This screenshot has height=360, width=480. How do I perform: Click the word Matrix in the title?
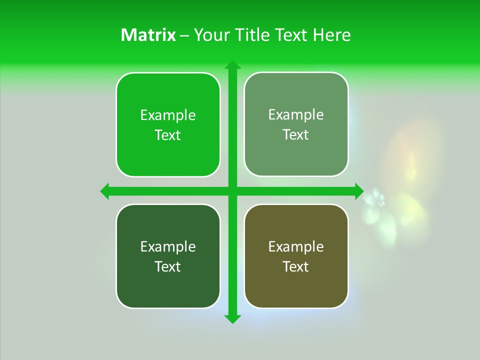(x=148, y=35)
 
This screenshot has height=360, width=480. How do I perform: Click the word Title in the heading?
(x=252, y=35)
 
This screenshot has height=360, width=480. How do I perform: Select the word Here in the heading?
(x=331, y=35)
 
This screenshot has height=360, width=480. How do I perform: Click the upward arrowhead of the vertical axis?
(x=232, y=65)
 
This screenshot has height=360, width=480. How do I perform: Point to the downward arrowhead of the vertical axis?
(x=232, y=318)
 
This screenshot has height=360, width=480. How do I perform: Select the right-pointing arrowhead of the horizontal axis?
(x=358, y=191)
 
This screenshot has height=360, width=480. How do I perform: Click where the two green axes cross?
(x=232, y=191)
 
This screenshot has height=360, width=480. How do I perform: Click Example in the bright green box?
(x=168, y=115)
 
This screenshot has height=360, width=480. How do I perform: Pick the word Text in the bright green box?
(x=168, y=135)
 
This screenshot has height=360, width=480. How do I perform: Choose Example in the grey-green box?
(x=296, y=115)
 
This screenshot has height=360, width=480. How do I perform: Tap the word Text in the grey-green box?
(x=296, y=134)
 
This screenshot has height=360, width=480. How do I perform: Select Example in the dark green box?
(x=168, y=247)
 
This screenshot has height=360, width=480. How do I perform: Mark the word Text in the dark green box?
(x=168, y=266)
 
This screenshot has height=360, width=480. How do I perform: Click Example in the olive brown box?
(x=296, y=247)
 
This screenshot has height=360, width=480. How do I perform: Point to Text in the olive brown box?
(x=296, y=266)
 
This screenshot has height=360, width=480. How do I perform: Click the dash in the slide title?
(x=184, y=35)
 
